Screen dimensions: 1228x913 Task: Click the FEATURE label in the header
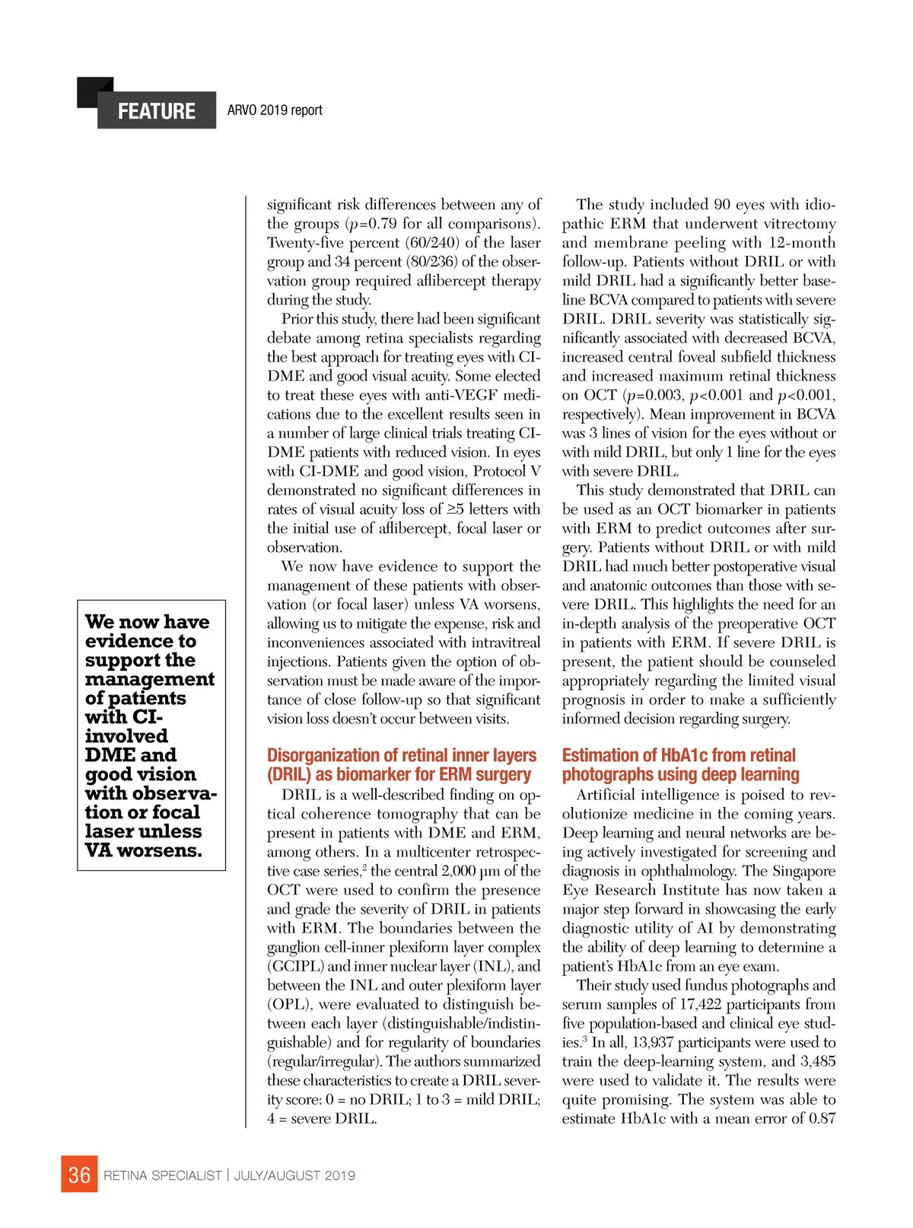[x=156, y=111]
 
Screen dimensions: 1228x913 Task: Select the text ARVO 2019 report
[x=275, y=110]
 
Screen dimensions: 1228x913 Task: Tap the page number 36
[x=79, y=1175]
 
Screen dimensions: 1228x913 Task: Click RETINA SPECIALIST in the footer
[x=163, y=1175]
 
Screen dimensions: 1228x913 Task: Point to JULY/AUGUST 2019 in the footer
[x=294, y=1175]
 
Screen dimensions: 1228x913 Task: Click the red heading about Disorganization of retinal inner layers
[x=401, y=765]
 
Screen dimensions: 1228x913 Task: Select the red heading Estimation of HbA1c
[x=680, y=765]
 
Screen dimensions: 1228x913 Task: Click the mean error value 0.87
[x=822, y=1119]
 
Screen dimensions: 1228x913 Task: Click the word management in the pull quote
[x=150, y=679]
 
